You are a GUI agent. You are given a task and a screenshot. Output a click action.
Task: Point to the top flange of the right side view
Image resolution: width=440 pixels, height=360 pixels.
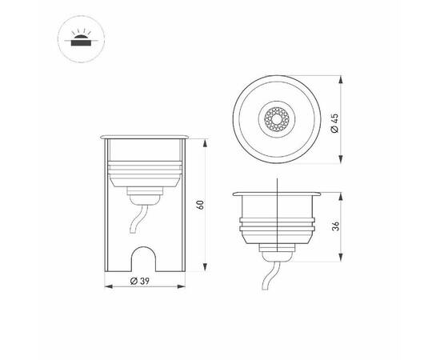(x=277, y=194)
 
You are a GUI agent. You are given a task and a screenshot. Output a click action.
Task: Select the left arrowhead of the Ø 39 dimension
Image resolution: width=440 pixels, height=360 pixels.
(x=109, y=282)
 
